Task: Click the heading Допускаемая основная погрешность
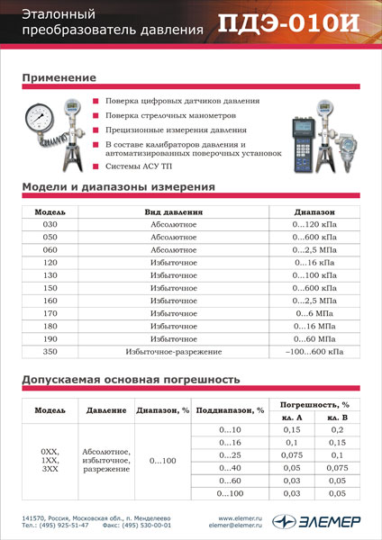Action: (131, 379)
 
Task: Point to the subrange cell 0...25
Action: (231, 455)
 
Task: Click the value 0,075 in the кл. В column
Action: (337, 468)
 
